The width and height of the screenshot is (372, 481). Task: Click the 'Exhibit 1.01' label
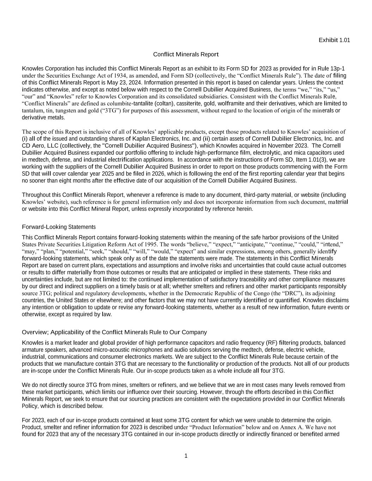pyautogui.click(x=334, y=40)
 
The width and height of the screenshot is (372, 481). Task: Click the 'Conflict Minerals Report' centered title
pyautogui.click(x=186, y=54)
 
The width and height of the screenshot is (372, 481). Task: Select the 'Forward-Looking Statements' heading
pyautogui.click(x=59, y=227)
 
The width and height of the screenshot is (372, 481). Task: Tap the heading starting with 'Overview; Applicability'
pyautogui.click(x=114, y=332)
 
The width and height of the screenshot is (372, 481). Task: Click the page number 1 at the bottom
pyautogui.click(x=186, y=456)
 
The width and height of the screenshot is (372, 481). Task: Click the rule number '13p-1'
pyautogui.click(x=337, y=68)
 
